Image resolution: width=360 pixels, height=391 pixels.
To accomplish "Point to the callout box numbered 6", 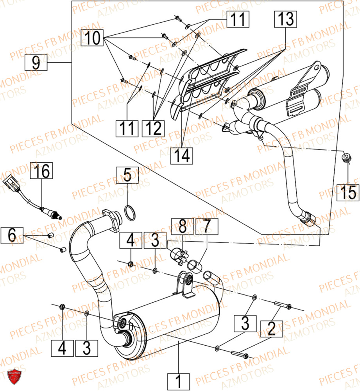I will pyautogui.click(x=12, y=236).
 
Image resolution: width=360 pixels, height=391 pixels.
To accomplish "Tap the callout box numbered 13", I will pyautogui.click(x=285, y=19).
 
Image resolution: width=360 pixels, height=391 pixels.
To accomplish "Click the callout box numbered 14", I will pyautogui.click(x=182, y=154).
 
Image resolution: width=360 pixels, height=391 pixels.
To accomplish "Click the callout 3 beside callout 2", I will pyautogui.click(x=245, y=324).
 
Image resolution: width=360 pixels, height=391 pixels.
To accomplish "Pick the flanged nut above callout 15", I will pyautogui.click(x=345, y=158).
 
